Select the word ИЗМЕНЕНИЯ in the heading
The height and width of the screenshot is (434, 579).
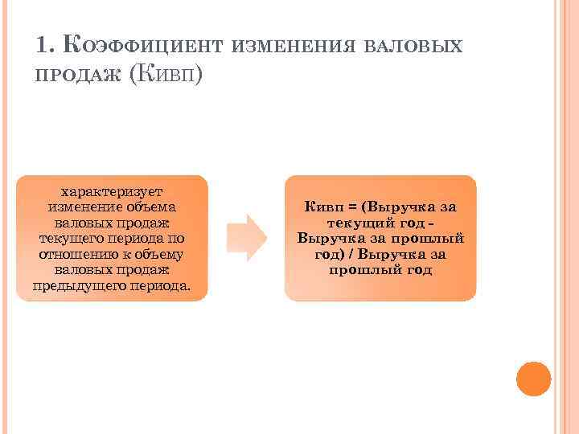pyautogui.click(x=293, y=46)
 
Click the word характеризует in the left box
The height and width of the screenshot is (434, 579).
pyautogui.click(x=112, y=191)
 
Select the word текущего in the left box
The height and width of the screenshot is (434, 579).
pyautogui.click(x=68, y=239)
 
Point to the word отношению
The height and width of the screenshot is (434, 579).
pyautogui.click(x=74, y=255)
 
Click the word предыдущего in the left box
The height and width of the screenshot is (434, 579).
pyautogui.click(x=75, y=286)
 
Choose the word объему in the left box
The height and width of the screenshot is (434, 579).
pyautogui.click(x=161, y=255)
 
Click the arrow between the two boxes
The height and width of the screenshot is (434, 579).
pyautogui.click(x=246, y=237)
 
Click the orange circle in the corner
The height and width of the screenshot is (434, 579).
pyautogui.click(x=533, y=379)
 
